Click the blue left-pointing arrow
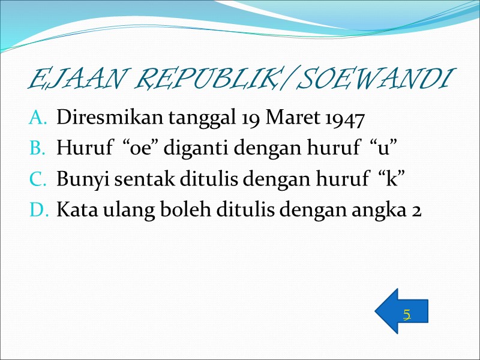click(x=401, y=311)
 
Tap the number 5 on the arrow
click(x=407, y=314)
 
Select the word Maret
click(x=286, y=118)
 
